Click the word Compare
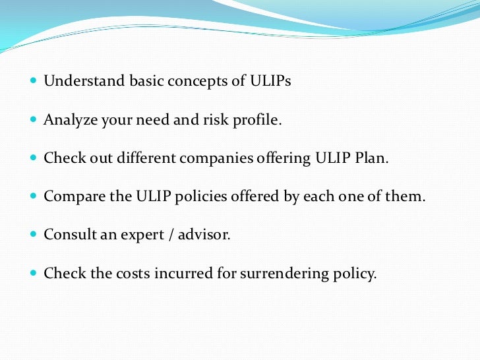[x=70, y=197]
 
